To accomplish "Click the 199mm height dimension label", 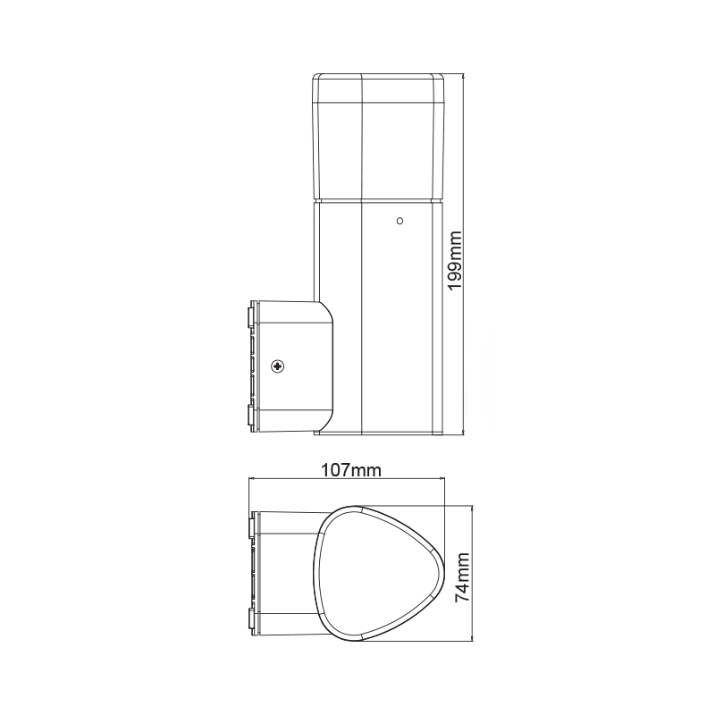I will pyautogui.click(x=455, y=259).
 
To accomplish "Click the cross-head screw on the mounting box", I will pyautogui.click(x=278, y=366).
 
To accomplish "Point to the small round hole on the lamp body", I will pyautogui.click(x=400, y=218).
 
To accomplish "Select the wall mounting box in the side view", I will pyautogui.click(x=290, y=366).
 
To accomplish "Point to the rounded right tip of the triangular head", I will pyautogui.click(x=441, y=574).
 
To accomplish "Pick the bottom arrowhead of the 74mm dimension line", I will pyautogui.click(x=471, y=640).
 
